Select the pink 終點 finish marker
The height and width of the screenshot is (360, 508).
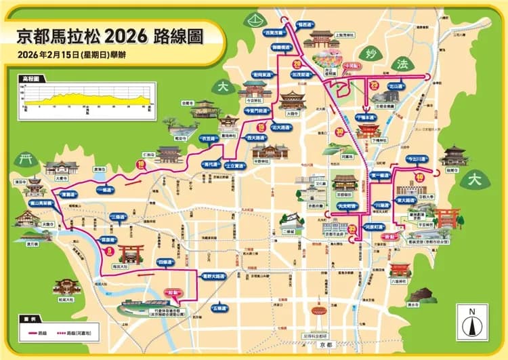(x=389, y=237)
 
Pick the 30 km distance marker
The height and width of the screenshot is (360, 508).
(x=339, y=132)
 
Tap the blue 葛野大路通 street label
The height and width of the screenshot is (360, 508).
(x=215, y=276)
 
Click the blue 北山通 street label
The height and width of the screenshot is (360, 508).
(x=396, y=87)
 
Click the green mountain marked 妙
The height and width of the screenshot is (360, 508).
(x=369, y=57)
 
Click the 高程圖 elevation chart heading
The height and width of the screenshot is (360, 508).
(x=30, y=79)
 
